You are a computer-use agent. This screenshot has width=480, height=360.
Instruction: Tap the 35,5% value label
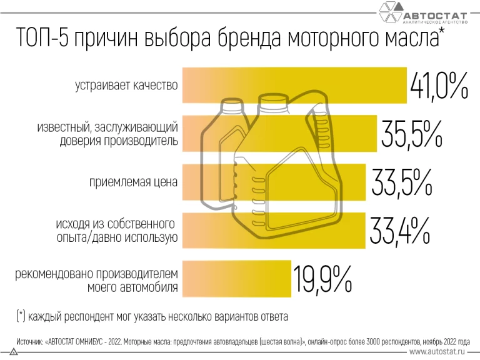411,132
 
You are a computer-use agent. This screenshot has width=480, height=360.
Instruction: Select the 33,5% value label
402,182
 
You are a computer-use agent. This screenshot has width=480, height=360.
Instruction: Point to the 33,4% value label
400,229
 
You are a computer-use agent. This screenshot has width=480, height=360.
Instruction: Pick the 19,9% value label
323,279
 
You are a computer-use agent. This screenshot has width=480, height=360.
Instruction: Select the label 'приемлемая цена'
133,182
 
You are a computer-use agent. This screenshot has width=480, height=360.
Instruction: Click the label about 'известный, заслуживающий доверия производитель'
107,134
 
